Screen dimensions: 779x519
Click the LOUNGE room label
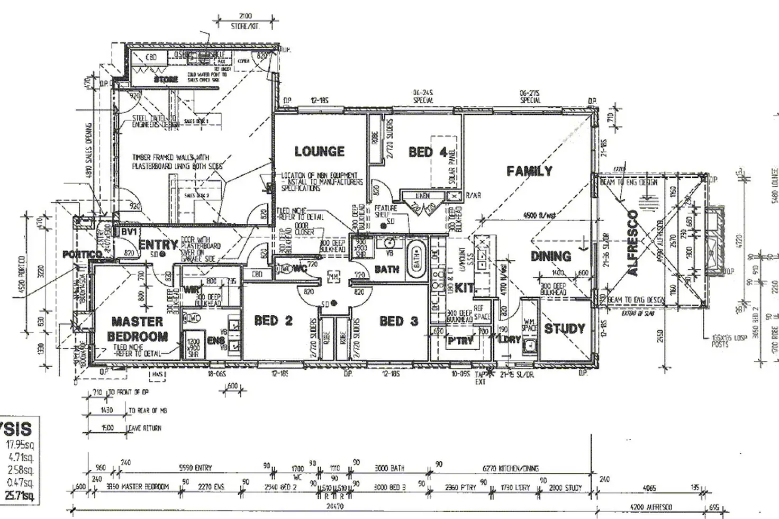(319, 152)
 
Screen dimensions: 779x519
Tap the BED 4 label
(428, 152)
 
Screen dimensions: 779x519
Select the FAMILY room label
(529, 171)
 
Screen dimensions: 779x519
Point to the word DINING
(550, 257)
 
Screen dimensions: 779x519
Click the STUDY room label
(564, 329)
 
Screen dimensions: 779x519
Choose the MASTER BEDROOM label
(137, 329)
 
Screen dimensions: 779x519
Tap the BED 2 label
(273, 321)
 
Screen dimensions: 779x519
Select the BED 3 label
(398, 321)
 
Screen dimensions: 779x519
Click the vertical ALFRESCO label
(633, 243)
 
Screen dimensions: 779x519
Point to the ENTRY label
(158, 245)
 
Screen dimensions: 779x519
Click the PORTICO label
(82, 254)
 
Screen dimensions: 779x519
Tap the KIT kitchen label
(464, 289)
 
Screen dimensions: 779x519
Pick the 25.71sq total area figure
(19, 496)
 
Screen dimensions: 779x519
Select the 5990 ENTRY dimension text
(195, 468)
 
